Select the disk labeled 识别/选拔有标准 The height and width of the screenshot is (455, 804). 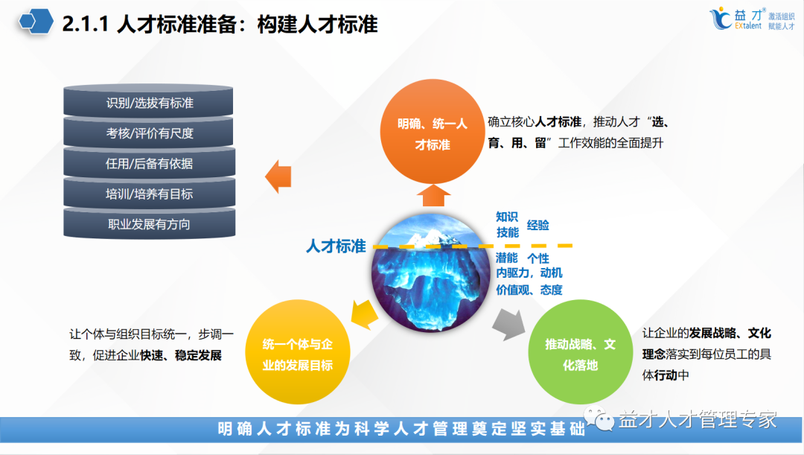pos(149,103)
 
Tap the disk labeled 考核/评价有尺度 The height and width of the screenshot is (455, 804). pos(149,133)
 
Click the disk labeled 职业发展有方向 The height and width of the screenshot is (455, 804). pos(149,223)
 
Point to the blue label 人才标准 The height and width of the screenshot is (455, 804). pos(336,246)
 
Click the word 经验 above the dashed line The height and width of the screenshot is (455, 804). pos(537,225)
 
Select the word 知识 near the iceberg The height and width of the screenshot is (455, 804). pos(507,217)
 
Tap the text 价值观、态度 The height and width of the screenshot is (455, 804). pos(529,290)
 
